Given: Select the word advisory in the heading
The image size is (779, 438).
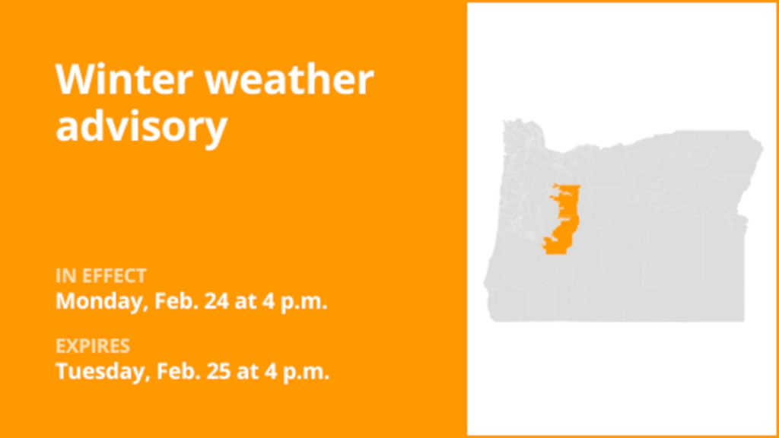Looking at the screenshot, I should click(x=141, y=125).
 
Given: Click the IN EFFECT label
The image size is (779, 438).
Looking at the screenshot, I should click(x=101, y=275).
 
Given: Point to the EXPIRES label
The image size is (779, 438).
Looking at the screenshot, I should click(x=92, y=347).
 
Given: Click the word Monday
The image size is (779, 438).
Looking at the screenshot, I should click(x=98, y=300).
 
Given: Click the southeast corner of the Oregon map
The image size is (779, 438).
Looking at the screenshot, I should click(x=742, y=319).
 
